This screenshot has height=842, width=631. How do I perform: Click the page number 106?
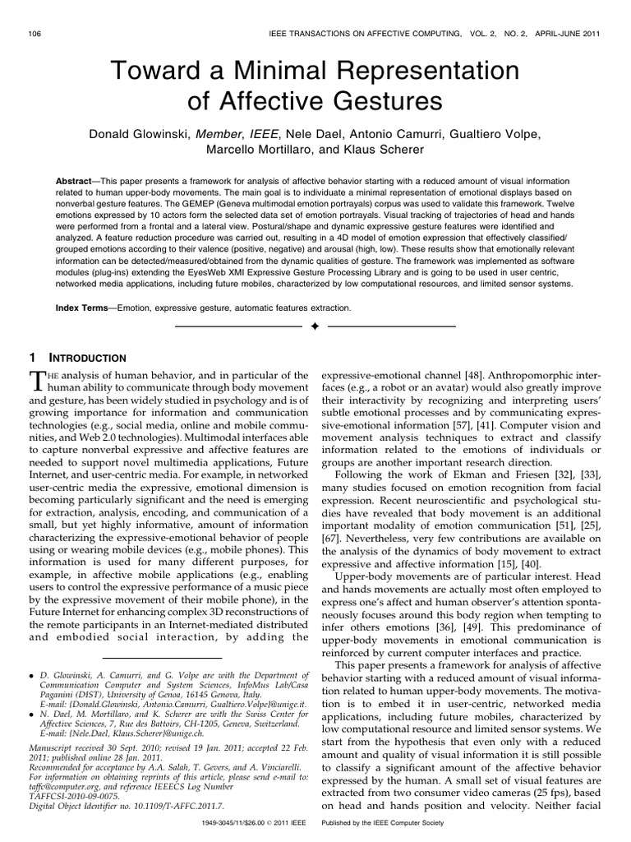pos(35,33)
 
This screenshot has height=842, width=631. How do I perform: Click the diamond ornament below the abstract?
pos(315,328)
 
